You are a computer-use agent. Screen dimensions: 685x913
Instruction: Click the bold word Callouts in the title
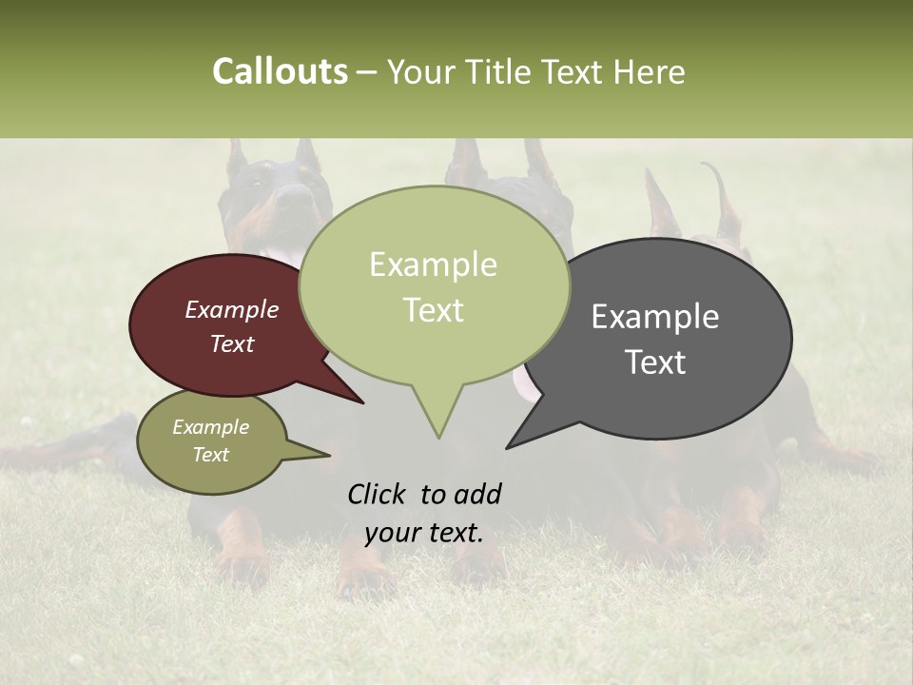coord(280,71)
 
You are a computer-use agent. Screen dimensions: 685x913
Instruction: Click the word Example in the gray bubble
coord(654,317)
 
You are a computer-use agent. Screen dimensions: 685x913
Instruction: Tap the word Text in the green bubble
coord(434,310)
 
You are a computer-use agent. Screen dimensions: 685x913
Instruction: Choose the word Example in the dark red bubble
coord(232,310)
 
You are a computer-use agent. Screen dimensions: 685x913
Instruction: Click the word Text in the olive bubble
coord(211,455)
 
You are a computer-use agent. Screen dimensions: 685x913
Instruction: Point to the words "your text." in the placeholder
coord(423,533)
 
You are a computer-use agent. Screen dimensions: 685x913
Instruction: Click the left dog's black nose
coord(296,196)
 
